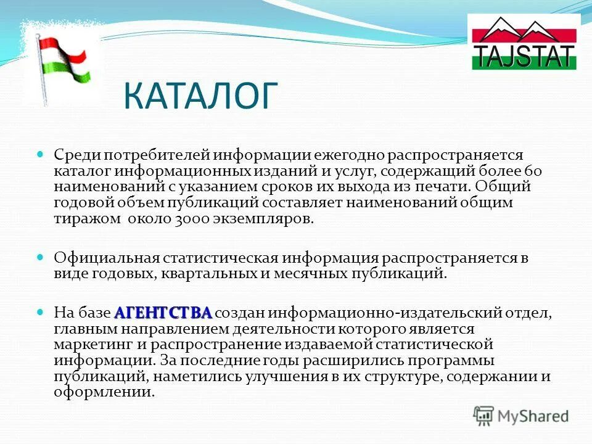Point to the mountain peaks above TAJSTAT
(x=524, y=31)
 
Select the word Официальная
(x=107, y=258)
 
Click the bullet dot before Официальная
(x=42, y=257)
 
